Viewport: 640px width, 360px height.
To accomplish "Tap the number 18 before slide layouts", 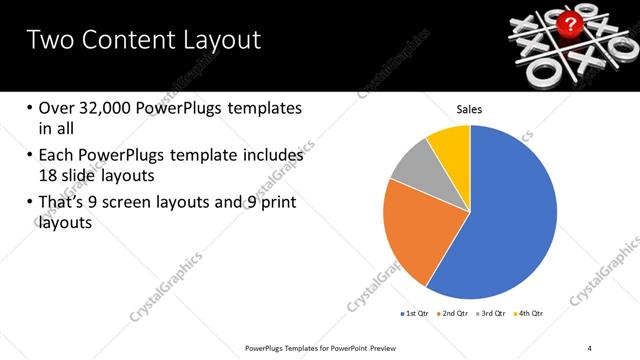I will pos(48,175).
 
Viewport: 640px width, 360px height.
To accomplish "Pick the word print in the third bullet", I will pos(275,203).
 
